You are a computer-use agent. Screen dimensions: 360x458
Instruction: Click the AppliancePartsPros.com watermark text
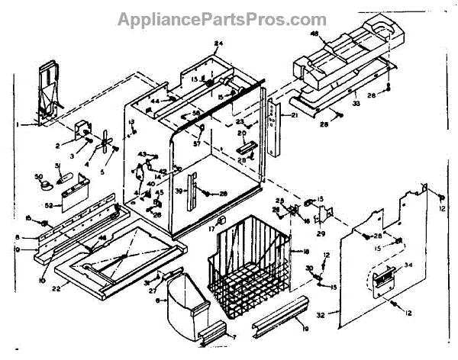tap(230, 18)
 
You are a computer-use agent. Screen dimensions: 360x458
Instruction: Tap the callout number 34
tap(408, 265)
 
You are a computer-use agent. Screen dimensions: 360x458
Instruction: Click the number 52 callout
tap(48, 206)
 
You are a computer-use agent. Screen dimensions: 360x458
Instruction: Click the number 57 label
tap(197, 144)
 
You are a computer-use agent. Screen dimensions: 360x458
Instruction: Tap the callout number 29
tap(321, 234)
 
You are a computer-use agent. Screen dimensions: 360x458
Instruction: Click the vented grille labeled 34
tap(382, 276)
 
